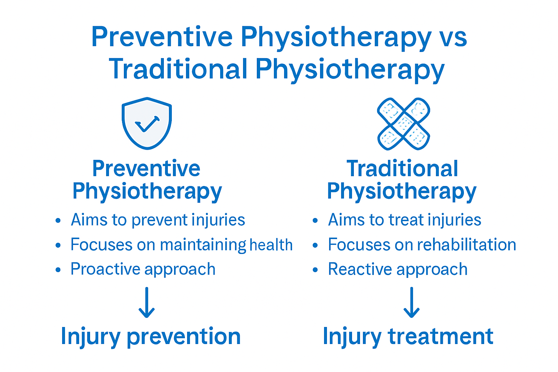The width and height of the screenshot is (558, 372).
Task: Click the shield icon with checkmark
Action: pos(147,123)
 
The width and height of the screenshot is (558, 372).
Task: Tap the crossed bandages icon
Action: pos(404,124)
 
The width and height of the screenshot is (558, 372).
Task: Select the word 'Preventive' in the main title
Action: pos(162,37)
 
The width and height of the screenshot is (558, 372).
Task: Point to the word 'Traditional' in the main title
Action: pos(178,69)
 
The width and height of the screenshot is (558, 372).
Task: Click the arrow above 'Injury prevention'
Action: pos(147,303)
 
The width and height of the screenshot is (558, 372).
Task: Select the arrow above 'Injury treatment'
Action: pos(412,303)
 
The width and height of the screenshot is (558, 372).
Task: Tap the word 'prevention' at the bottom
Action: pos(183,336)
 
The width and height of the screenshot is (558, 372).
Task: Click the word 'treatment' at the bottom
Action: pos(441,336)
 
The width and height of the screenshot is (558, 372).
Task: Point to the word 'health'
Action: pos(271,245)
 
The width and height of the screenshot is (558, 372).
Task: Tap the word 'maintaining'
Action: pos(203,245)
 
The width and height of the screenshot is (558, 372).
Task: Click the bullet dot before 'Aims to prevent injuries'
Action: pos(58,221)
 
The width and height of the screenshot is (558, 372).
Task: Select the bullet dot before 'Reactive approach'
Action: pos(315,270)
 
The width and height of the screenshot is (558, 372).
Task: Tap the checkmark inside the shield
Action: pos(147,124)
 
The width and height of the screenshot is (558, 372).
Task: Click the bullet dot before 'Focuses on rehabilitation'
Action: pos(315,245)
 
